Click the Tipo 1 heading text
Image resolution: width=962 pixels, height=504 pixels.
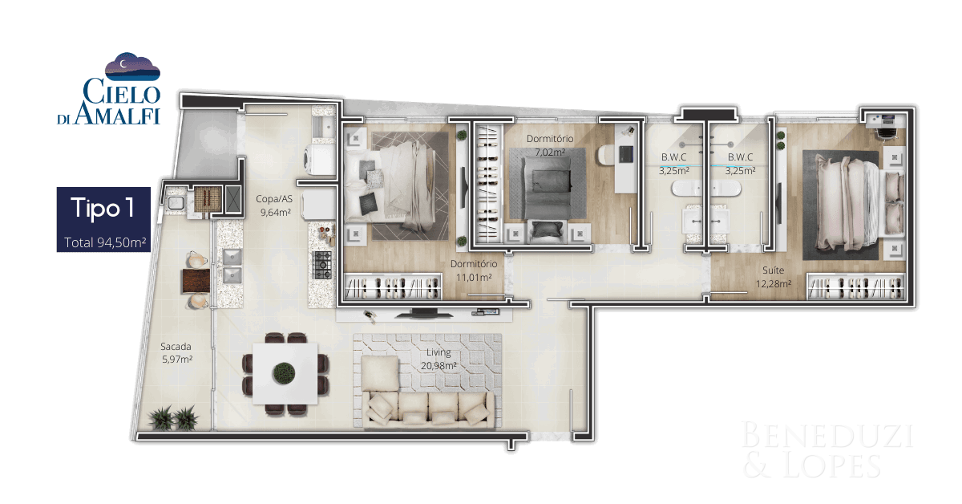[x=103, y=209]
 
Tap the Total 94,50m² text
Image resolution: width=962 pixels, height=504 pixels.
[x=105, y=242]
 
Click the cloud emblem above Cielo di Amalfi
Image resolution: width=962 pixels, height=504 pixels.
[x=132, y=67]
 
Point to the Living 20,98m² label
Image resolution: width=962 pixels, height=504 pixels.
[x=439, y=359]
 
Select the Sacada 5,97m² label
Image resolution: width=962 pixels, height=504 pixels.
[x=176, y=352]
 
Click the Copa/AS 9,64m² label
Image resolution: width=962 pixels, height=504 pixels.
[x=275, y=205]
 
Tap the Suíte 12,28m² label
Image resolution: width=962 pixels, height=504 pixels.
[x=774, y=277]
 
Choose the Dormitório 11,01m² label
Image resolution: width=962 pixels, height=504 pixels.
[x=474, y=270]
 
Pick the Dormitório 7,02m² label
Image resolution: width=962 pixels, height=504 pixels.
[x=550, y=145]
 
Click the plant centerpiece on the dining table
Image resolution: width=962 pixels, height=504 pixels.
[x=284, y=373]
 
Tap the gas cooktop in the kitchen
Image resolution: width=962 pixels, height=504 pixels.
[x=322, y=266]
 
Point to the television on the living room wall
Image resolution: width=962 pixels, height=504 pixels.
[x=424, y=314]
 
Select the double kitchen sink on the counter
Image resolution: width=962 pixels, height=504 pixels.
[x=232, y=266]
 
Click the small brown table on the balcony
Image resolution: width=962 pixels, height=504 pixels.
[x=196, y=280]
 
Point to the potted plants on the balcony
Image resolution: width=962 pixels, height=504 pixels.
[x=173, y=417]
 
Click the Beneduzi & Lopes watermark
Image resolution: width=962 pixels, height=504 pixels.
[x=827, y=449]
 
